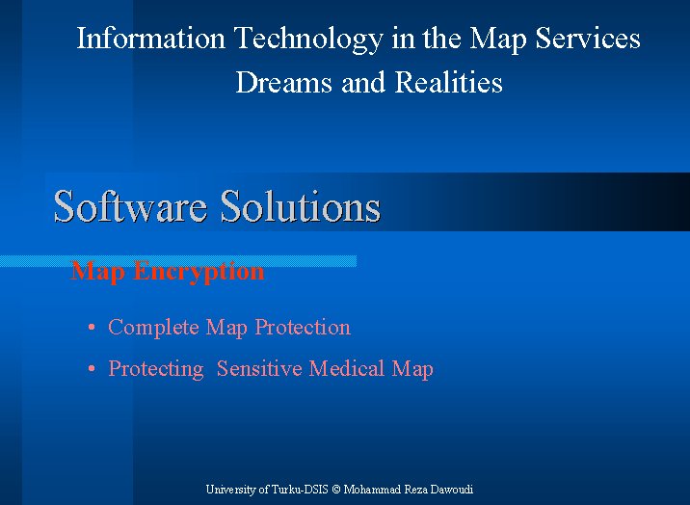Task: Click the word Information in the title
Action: click(x=151, y=38)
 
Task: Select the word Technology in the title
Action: click(x=309, y=40)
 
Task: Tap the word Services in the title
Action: click(x=588, y=38)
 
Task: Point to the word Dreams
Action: click(x=284, y=82)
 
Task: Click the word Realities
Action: click(x=448, y=82)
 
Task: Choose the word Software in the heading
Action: click(x=130, y=206)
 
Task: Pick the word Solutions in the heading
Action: click(x=301, y=206)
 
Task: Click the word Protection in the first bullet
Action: click(x=303, y=328)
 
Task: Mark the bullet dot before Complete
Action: click(x=92, y=327)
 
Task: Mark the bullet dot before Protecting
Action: click(x=92, y=368)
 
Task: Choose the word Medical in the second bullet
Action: click(x=346, y=368)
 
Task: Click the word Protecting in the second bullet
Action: click(x=156, y=369)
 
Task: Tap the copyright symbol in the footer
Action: click(x=336, y=490)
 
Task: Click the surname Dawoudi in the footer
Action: click(x=452, y=490)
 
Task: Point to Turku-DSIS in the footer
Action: click(x=300, y=490)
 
